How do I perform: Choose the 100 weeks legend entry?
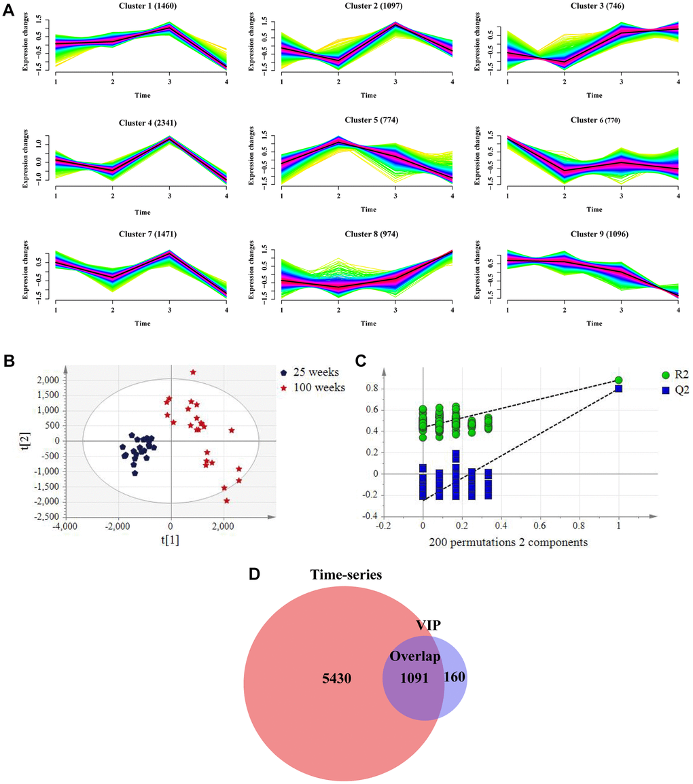click(x=317, y=387)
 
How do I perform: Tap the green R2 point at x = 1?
click(x=618, y=380)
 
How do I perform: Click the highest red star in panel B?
click(x=193, y=372)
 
